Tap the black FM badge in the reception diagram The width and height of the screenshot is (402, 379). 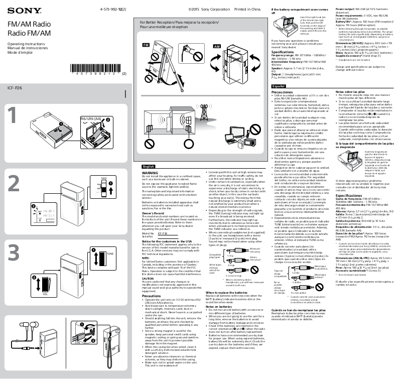pyautogui.click(x=146, y=46)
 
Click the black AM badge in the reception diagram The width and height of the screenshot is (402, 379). pyautogui.click(x=217, y=46)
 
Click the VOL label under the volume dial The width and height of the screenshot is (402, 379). pyautogui.click(x=101, y=294)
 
